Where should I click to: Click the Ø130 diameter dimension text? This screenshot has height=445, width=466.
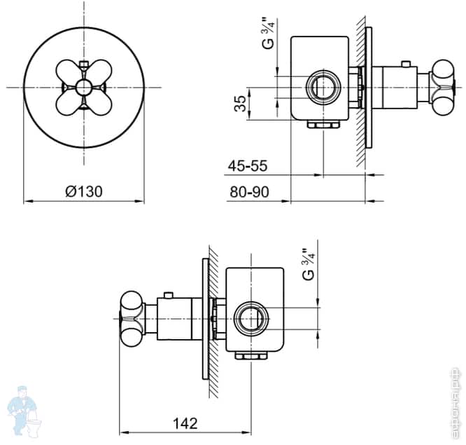(x=85, y=191)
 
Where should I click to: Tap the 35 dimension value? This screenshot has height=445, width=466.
(x=241, y=104)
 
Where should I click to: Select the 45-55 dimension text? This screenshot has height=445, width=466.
(x=248, y=166)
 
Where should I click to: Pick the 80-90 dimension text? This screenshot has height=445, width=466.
(x=248, y=191)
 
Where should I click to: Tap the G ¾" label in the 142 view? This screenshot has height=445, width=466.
(x=307, y=264)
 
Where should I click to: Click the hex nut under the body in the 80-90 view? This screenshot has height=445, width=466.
(x=323, y=125)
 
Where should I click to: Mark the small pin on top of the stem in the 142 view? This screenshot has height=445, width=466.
(x=168, y=294)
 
